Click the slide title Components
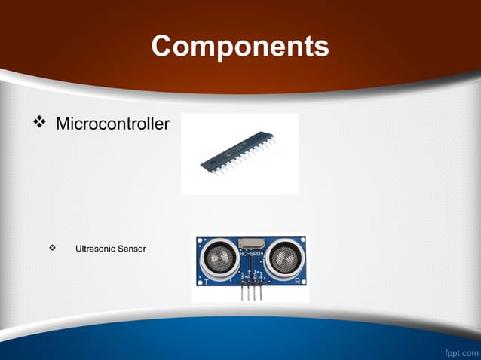(x=240, y=46)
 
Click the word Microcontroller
(x=113, y=123)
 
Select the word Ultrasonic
(x=95, y=249)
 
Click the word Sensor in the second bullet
(x=131, y=249)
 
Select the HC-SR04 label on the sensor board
(x=250, y=254)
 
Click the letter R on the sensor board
(x=297, y=281)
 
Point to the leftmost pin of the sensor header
(x=241, y=292)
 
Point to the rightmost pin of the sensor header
(x=260, y=292)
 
